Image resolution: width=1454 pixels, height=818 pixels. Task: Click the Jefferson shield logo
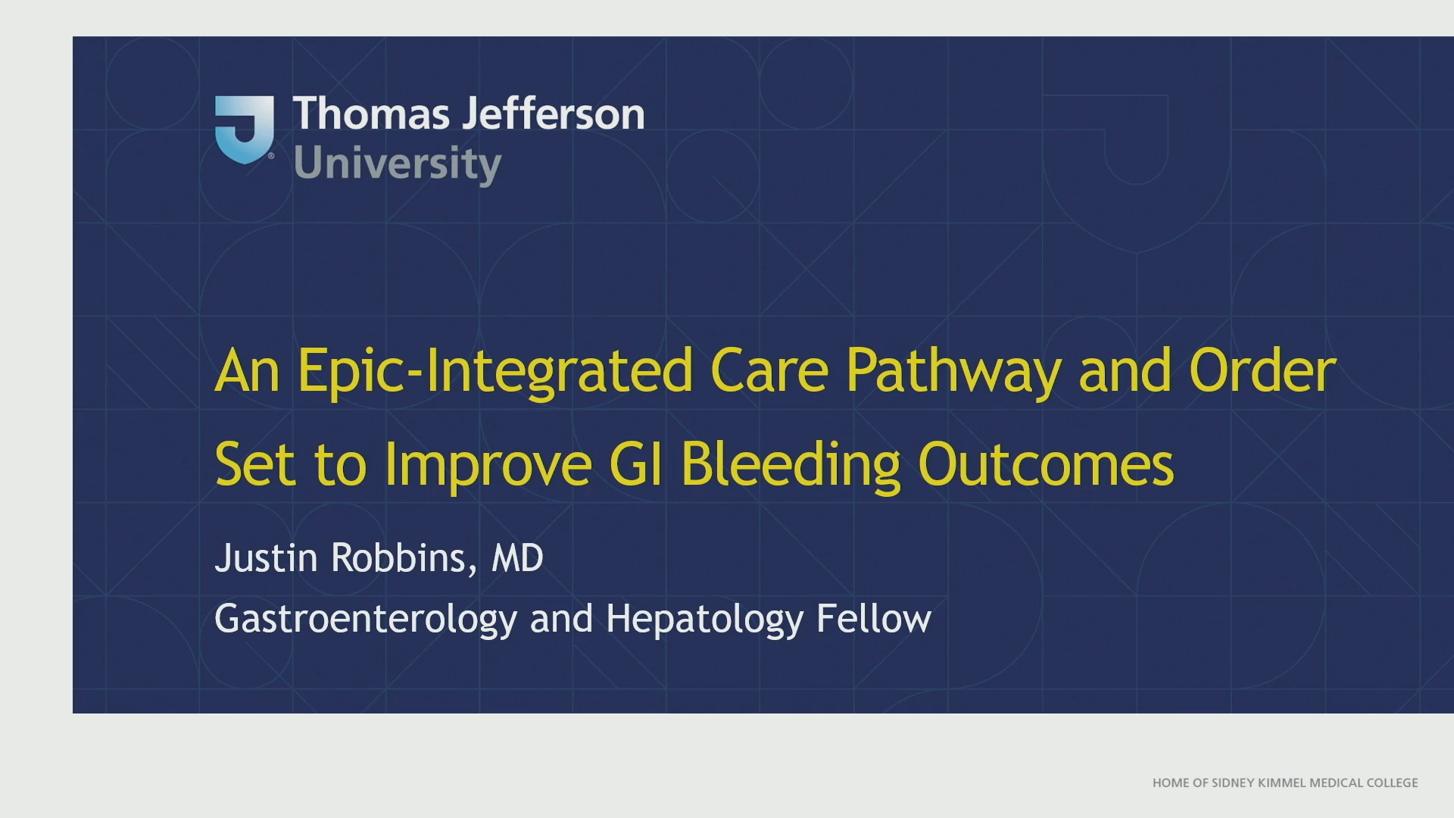pos(244,130)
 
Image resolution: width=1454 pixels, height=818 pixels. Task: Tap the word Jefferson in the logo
pos(554,114)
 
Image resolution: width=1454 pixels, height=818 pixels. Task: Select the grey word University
pos(398,164)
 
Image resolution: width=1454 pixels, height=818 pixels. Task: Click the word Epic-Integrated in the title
pos(495,371)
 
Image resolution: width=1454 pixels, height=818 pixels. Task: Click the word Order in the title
pos(1262,370)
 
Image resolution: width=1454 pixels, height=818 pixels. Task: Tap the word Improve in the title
pos(488,464)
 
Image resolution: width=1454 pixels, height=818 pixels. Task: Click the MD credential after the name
pos(517,558)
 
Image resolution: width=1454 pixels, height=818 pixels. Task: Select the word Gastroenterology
pos(366,620)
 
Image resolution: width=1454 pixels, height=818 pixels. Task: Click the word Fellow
pos(874,618)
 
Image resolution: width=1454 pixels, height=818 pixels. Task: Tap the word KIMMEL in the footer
pos(1281,783)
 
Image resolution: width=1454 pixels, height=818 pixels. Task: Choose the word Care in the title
pos(769,370)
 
